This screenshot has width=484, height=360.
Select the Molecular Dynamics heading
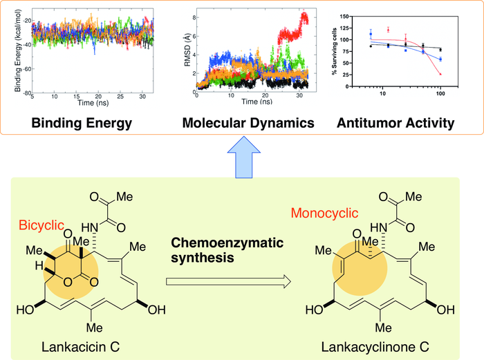click(x=248, y=124)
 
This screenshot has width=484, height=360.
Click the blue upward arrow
click(x=241, y=155)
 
